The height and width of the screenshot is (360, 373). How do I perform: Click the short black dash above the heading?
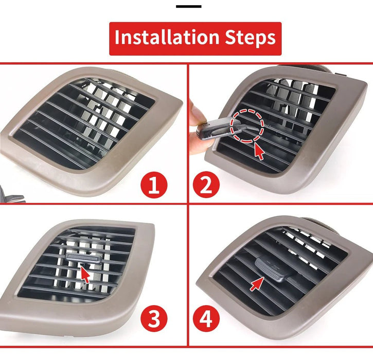pos(188,7)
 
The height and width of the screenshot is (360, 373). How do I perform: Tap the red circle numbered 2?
pos(206,185)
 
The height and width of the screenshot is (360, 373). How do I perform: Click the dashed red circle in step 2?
pos(247,125)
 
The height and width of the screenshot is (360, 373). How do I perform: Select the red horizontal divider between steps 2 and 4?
pos(280,204)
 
